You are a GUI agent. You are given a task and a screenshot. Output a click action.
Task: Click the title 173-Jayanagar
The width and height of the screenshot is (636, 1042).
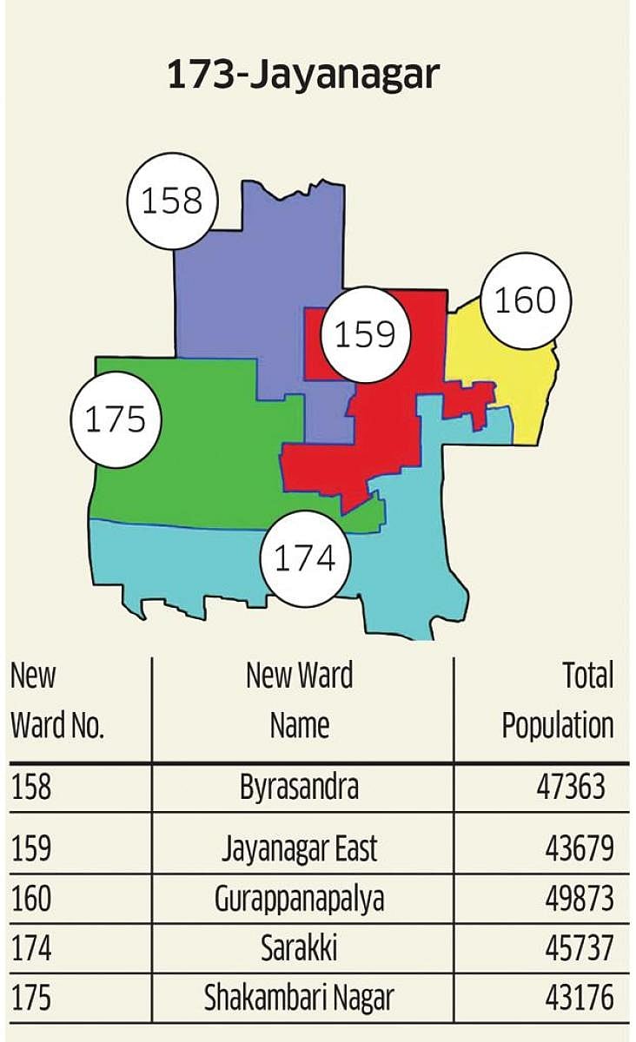[x=303, y=76]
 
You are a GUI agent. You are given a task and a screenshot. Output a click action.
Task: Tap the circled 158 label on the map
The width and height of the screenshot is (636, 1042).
[x=171, y=201]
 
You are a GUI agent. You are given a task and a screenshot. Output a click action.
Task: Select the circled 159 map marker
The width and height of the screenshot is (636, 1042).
[x=365, y=334]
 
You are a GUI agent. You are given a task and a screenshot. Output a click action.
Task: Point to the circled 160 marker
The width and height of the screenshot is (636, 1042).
[x=525, y=300]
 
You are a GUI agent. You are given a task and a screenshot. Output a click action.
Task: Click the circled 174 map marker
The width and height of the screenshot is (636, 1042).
[x=304, y=558]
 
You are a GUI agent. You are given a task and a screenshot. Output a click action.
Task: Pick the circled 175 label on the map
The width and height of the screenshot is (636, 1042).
[x=115, y=420]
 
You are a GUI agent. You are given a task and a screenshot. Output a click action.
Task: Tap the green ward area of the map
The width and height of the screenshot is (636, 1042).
[x=191, y=452]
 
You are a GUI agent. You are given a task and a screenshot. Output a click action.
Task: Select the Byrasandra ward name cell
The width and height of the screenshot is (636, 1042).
[x=299, y=788]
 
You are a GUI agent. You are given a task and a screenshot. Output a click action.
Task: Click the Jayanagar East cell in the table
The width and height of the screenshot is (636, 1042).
[x=299, y=847]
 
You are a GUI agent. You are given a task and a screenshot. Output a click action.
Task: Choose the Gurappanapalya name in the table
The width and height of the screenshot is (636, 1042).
[x=299, y=900]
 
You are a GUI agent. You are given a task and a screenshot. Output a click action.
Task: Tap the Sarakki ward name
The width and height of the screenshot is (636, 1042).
[x=299, y=949]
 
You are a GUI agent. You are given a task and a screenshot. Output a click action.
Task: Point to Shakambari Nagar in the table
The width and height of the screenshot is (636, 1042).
[x=299, y=998]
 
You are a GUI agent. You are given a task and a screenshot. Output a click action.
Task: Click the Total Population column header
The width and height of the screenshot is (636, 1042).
[x=559, y=700]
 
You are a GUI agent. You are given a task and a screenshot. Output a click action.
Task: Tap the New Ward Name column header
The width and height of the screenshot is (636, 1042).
[x=300, y=700]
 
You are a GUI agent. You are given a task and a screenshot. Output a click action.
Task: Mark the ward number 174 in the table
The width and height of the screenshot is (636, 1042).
[x=31, y=949]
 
